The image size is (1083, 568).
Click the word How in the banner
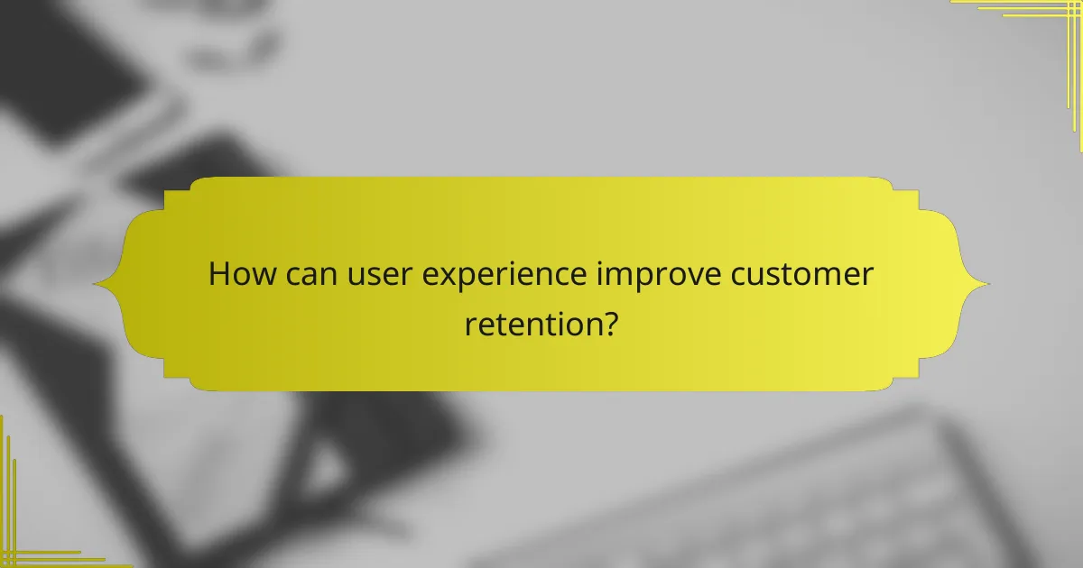coord(237,274)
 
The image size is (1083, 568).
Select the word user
coord(370,274)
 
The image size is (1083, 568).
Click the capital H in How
coord(218,274)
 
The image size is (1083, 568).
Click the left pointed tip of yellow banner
coord(95,284)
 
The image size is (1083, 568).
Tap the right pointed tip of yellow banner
coord(988,284)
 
